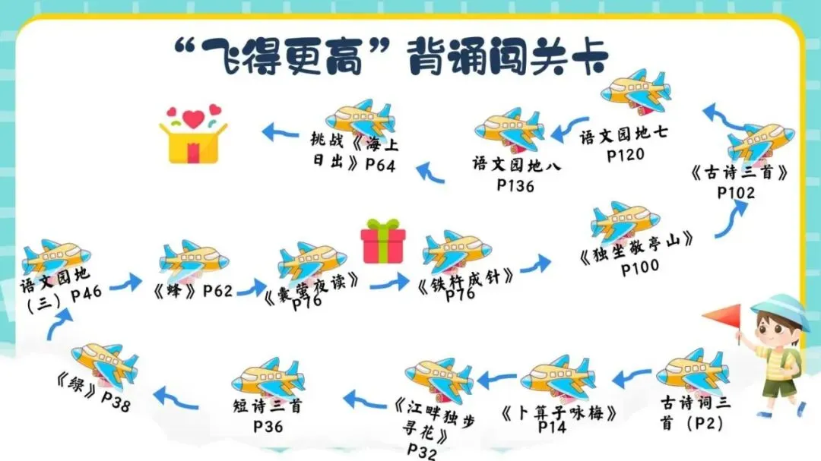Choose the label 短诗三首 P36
click(x=268, y=415)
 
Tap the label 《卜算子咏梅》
click(x=558, y=413)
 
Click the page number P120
click(x=626, y=154)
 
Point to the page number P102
click(x=736, y=193)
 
